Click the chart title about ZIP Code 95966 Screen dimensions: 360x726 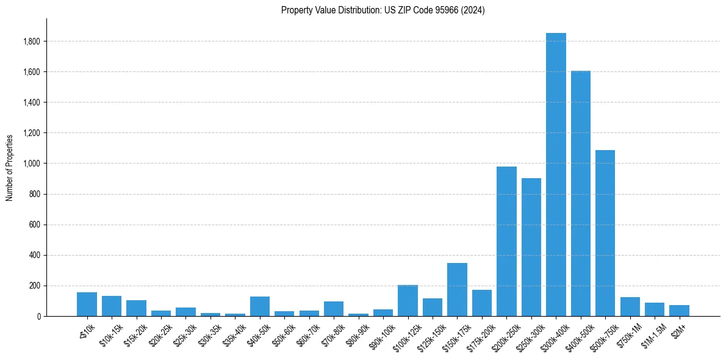coord(383,10)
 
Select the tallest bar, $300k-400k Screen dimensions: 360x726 coord(556,175)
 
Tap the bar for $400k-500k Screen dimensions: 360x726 coord(580,193)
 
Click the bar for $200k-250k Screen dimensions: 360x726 coord(506,242)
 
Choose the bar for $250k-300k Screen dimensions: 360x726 coord(531,247)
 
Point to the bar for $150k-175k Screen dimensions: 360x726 coord(457,289)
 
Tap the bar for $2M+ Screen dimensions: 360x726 coord(679,311)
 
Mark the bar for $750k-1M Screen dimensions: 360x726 coord(630,306)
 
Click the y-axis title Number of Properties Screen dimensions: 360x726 coord(10,167)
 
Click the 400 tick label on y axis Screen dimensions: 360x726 coord(35,255)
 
